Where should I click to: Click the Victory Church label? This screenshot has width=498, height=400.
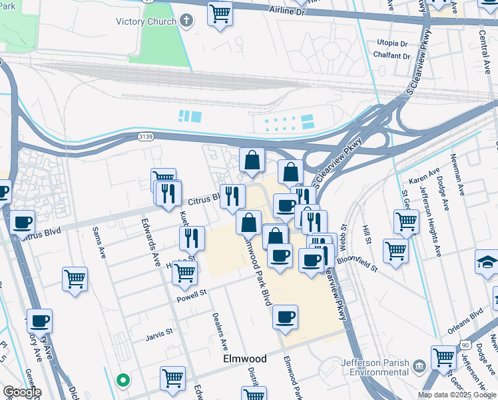[146, 21]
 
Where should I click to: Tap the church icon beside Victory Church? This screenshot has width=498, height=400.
[186, 21]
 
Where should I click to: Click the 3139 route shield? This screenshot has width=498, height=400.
[148, 136]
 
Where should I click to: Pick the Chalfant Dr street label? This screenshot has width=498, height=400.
[389, 56]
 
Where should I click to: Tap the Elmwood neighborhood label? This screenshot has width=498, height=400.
[244, 359]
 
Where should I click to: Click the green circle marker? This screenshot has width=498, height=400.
[123, 381]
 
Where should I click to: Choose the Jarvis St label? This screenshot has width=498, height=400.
[159, 331]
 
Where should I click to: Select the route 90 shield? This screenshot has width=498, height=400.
[465, 344]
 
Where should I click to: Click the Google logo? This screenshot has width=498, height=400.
[21, 392]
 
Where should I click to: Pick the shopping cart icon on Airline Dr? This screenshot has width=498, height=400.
[220, 13]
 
